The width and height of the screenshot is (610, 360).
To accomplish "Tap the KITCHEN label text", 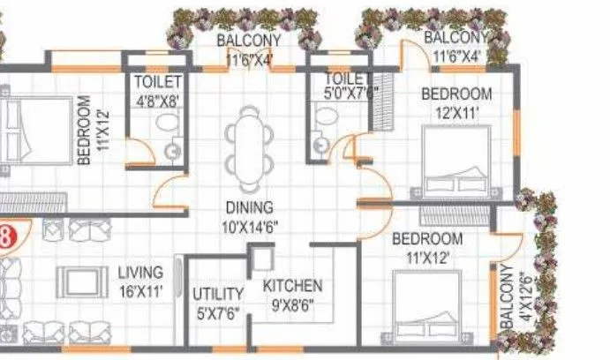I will coord(293,287).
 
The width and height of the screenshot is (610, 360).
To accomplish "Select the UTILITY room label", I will coord(219,294).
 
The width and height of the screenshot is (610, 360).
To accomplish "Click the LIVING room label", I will coord(141,273).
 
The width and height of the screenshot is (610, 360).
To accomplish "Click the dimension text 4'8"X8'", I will coord(158,101).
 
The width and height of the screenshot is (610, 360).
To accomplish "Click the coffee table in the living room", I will coord(82,281).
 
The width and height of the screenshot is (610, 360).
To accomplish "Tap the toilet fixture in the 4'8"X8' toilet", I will coord(170,148).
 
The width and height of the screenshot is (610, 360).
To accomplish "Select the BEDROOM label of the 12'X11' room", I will coord(456,94).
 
